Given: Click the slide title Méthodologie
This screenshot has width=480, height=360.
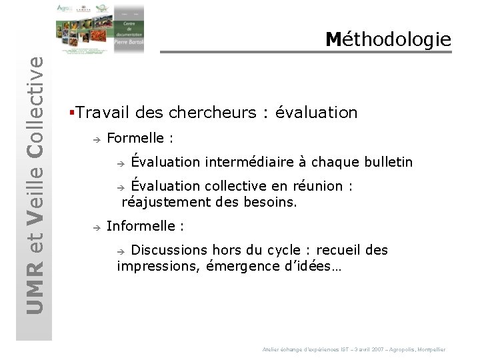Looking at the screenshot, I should point(388,39).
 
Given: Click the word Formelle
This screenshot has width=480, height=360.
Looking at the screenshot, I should point(135,138).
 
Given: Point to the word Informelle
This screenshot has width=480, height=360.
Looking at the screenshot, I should point(141,226).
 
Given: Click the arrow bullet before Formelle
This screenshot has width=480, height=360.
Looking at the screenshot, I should point(96,139).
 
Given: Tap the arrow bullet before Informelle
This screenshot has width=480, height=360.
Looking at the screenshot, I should point(96,227).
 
